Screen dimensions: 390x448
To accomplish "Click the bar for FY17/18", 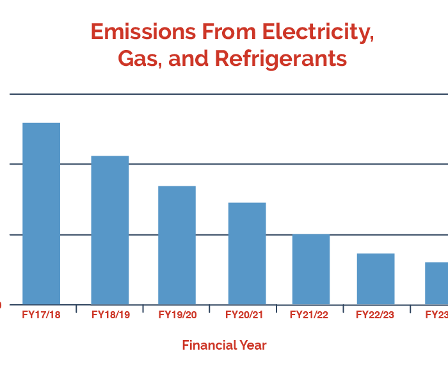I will pos(41,213).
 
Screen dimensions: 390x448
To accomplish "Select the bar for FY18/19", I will pos(109,230).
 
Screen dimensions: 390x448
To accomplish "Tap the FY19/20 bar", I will pos(177,245).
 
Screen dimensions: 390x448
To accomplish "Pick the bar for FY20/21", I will pos(246,254).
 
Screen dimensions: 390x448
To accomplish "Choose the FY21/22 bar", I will pos(311,269).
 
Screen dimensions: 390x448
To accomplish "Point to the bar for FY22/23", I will pos(376,279).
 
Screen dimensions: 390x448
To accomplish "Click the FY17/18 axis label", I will pos(41,315).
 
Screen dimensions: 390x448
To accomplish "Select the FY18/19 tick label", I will pos(111,315).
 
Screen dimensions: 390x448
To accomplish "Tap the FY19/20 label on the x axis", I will pos(178,315).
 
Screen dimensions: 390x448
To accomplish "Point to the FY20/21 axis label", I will pos(244,315).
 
